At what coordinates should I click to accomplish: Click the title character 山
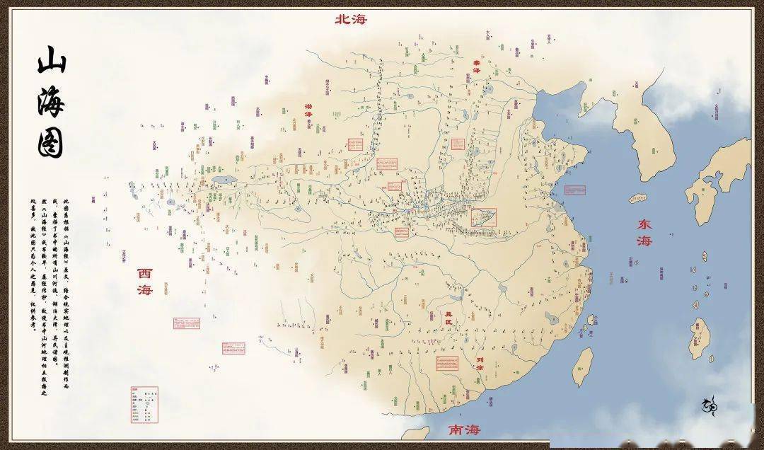click(51, 61)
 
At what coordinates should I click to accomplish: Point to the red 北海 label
click(351, 19)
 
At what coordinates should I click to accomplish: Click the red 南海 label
click(463, 429)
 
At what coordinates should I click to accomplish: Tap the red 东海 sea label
click(644, 232)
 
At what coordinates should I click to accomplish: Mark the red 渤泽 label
click(308, 115)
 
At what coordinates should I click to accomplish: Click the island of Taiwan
click(582, 367)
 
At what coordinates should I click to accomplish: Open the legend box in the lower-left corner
click(144, 404)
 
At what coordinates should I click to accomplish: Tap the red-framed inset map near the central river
click(484, 217)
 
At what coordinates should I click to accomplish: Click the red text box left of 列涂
click(446, 363)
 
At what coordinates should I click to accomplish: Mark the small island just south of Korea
click(638, 198)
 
